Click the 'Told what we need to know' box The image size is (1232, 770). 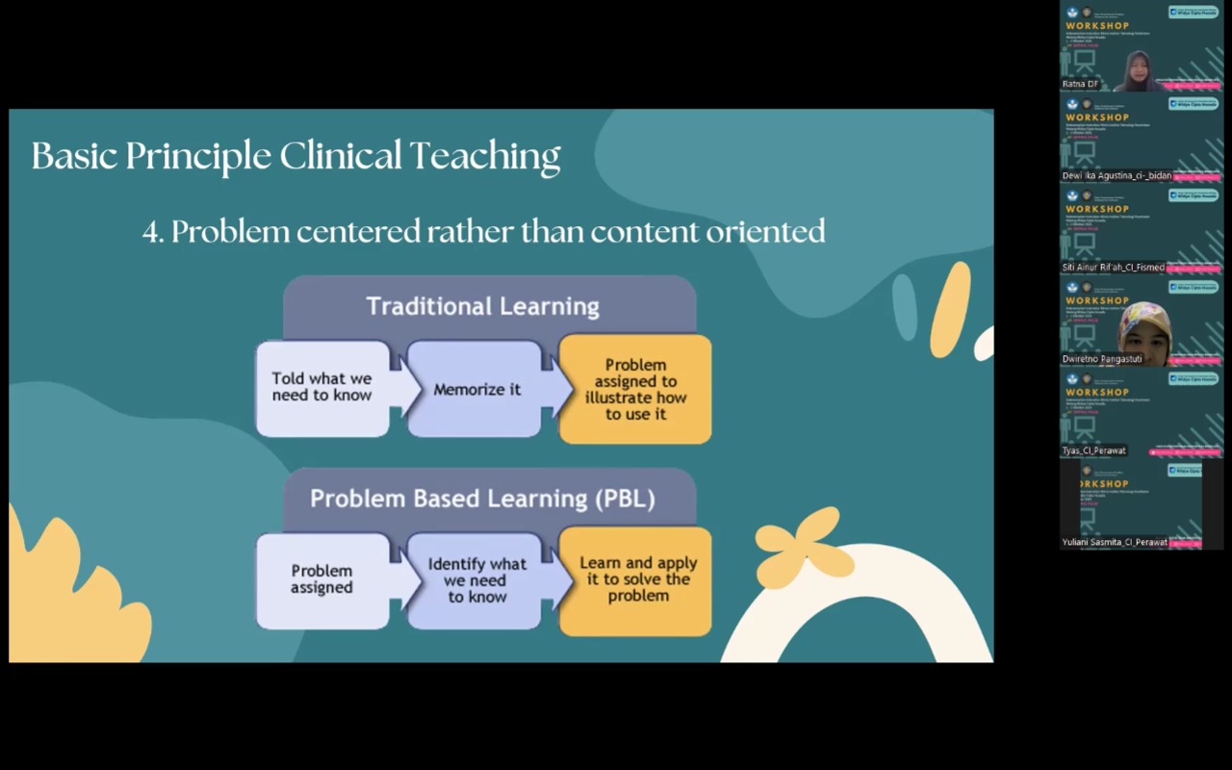(x=321, y=388)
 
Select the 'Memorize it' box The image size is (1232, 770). (x=476, y=390)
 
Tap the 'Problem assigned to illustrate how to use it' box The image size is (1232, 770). (x=635, y=389)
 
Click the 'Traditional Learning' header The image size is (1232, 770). (x=482, y=307)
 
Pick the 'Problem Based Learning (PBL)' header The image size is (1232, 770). (x=482, y=499)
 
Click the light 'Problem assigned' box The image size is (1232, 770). (x=321, y=579)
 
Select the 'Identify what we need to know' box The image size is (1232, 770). (x=476, y=580)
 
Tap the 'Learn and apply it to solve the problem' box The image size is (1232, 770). (x=637, y=579)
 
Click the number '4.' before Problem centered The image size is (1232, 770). (x=153, y=232)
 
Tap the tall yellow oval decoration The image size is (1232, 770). (x=950, y=309)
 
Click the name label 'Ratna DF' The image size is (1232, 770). (x=1080, y=85)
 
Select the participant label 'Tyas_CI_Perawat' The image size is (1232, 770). (x=1093, y=450)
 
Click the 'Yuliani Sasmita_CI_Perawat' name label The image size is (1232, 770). (x=1115, y=542)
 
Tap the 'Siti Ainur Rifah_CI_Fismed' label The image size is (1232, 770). (x=1113, y=268)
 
